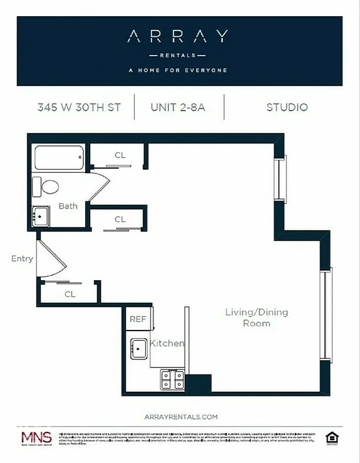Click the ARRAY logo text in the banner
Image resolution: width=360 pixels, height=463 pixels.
[x=177, y=37]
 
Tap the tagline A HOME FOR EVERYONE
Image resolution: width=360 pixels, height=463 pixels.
[x=178, y=71]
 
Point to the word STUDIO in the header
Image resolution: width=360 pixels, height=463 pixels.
[x=287, y=107]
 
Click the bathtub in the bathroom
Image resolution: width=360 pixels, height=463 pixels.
[x=60, y=157]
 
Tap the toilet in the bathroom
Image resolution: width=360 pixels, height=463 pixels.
[x=46, y=187]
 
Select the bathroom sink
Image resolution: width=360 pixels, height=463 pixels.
[x=41, y=216]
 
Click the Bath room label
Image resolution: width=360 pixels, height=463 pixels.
[x=68, y=206]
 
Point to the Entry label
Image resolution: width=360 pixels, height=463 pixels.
[x=22, y=259]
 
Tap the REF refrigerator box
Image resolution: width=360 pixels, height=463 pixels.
[x=138, y=319]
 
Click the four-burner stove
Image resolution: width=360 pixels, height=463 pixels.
[x=172, y=380]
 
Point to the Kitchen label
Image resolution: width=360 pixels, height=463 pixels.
[x=167, y=343]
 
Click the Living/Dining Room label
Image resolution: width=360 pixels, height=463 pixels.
[x=256, y=318]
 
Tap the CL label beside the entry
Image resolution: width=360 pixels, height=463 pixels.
[x=70, y=294]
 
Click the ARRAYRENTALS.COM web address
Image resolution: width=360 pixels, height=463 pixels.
[x=180, y=416]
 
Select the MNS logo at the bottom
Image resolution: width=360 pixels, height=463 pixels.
[x=36, y=438]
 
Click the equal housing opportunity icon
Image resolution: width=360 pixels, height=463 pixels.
[x=332, y=438]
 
